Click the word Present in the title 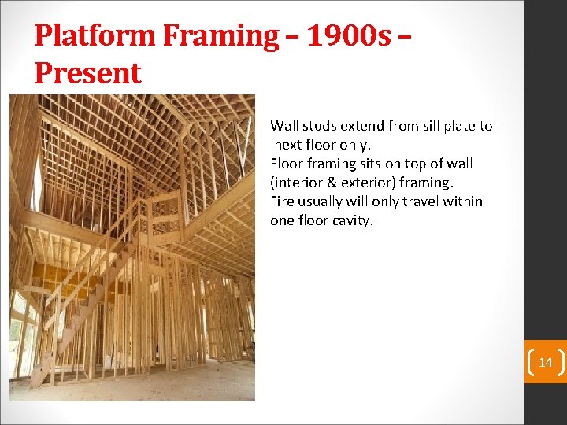point(88,73)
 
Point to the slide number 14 point(545,362)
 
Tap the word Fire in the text point(283,201)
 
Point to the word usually point(324,201)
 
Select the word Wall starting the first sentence point(283,126)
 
